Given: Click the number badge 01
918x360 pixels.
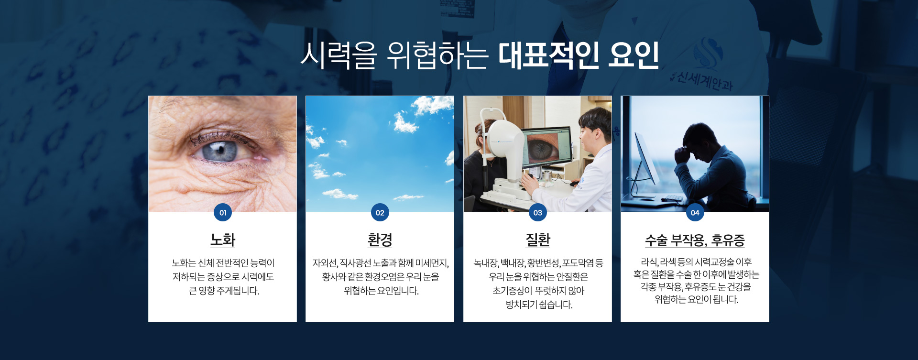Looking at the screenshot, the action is click(223, 212).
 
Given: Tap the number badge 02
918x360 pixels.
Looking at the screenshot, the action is click(380, 212).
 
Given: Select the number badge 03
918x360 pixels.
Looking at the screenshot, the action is click(538, 212).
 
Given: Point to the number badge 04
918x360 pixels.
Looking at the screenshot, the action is click(695, 212).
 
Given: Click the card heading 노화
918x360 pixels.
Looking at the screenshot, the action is click(223, 240).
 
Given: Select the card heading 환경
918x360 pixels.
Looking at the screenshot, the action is click(380, 240).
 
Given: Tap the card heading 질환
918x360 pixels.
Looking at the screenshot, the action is click(538, 240).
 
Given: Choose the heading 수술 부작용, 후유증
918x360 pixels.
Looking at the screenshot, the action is click(695, 240).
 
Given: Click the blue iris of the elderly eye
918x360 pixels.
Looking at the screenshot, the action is click(220, 151).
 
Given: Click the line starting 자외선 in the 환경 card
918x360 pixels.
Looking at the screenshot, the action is click(380, 263).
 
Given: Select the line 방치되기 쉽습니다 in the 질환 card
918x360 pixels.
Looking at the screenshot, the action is click(539, 305).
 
